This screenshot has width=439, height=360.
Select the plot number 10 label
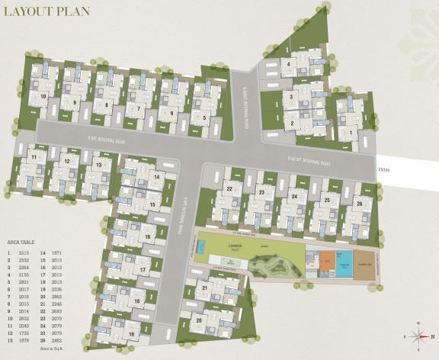pos(43,96)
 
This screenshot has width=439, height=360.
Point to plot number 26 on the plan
pos(358,204)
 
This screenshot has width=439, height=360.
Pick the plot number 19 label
pos(132,334)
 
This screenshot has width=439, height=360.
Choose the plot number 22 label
pos(229,188)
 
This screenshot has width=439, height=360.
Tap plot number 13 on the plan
pos(98,164)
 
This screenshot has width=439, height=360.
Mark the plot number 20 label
pos(199,320)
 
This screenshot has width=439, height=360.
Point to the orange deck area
pos(326,259)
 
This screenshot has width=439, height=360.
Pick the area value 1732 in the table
pos(25,333)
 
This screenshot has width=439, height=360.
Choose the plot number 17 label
pos(143,270)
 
